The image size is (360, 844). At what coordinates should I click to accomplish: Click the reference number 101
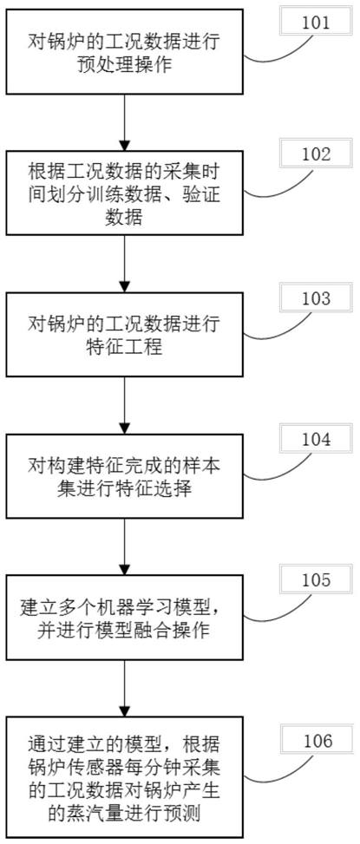(316, 24)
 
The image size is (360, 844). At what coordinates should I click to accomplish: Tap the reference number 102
(316, 154)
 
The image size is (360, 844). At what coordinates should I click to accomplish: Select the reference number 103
(316, 298)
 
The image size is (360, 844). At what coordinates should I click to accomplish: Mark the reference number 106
(316, 741)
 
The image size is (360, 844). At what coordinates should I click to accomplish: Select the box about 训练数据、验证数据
(124, 193)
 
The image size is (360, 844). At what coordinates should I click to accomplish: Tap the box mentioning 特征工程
(124, 335)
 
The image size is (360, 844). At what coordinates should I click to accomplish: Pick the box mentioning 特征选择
(124, 476)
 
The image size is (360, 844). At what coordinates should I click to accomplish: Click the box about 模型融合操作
(124, 618)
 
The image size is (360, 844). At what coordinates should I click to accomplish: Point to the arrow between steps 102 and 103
(124, 265)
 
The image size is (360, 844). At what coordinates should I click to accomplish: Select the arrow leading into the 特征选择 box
(124, 406)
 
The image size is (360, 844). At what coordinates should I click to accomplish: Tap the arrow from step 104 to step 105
(124, 546)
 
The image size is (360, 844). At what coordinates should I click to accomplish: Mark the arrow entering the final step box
(124, 687)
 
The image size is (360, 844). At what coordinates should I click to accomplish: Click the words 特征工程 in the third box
(124, 348)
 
